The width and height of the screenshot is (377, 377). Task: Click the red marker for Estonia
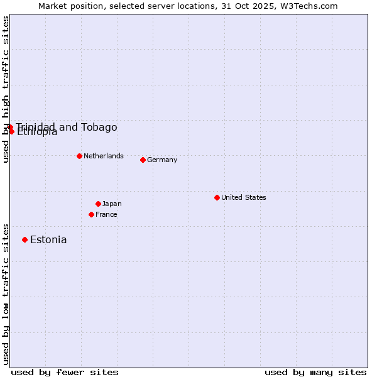(x=25, y=239)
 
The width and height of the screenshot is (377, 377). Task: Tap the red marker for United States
(x=217, y=197)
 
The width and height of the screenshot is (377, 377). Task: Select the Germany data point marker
(x=143, y=160)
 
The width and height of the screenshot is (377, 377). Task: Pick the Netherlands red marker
(x=79, y=156)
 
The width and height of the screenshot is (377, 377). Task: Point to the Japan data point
(x=98, y=204)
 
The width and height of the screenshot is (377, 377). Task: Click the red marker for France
(x=91, y=214)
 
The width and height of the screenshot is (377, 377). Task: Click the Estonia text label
(x=48, y=239)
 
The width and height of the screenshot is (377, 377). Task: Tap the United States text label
(x=244, y=197)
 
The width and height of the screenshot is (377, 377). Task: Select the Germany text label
(x=162, y=160)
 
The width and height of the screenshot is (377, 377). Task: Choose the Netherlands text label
(x=104, y=156)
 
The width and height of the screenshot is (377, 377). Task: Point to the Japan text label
(x=112, y=204)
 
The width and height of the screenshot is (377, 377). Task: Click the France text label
(x=106, y=214)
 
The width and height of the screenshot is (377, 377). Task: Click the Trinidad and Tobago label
(x=67, y=127)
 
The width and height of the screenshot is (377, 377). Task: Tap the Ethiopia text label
(x=37, y=132)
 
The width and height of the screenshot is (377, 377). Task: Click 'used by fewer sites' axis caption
(x=65, y=372)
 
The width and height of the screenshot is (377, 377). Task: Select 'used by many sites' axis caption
(x=315, y=372)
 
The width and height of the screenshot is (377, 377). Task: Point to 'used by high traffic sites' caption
(x=6, y=89)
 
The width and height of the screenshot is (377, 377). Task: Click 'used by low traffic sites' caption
(x=6, y=294)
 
